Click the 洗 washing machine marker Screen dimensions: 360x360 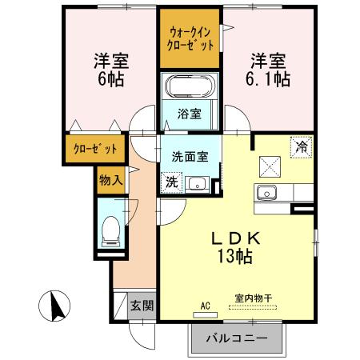click(x=172, y=182)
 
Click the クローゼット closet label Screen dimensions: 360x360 click(x=95, y=149)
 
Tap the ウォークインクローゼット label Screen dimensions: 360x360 click(x=190, y=38)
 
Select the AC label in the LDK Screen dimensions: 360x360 click(x=205, y=305)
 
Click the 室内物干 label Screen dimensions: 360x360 click(x=253, y=298)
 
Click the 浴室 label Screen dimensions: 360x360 click(x=189, y=114)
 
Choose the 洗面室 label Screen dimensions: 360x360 click(x=190, y=157)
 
